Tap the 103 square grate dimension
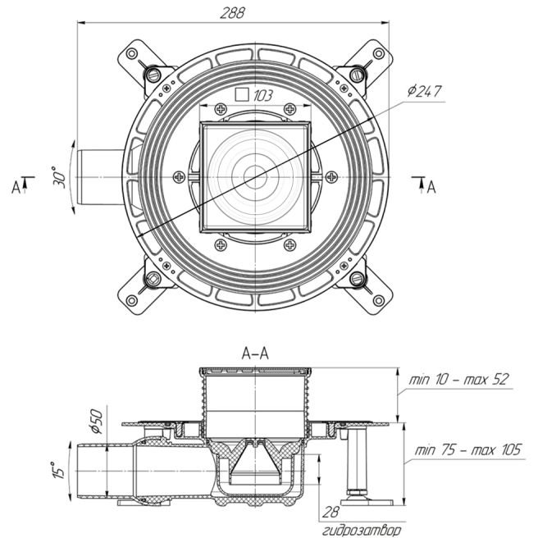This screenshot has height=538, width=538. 263,96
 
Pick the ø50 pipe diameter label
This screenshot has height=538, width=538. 95,419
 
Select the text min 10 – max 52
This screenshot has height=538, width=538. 458,379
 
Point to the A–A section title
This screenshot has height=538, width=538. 258,353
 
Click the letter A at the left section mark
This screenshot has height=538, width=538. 16,187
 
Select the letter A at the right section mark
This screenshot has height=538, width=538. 432,187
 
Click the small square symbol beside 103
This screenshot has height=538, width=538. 242,94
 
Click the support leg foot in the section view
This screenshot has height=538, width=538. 360,494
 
